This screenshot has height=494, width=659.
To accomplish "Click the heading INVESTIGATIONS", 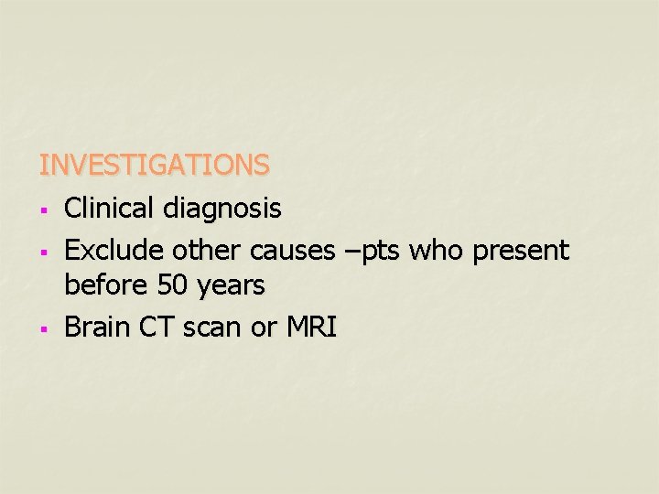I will (154, 165).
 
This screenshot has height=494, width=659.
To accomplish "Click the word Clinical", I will (110, 209).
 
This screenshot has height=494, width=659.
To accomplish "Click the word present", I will (521, 251).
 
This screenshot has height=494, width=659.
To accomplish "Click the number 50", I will (172, 286).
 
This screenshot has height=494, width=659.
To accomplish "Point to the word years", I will (230, 287).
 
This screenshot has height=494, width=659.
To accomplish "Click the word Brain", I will (95, 327).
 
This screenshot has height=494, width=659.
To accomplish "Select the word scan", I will (211, 327).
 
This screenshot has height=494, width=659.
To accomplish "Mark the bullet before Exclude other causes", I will (43, 252).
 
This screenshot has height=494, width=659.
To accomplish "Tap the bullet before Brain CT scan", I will (43, 329).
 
